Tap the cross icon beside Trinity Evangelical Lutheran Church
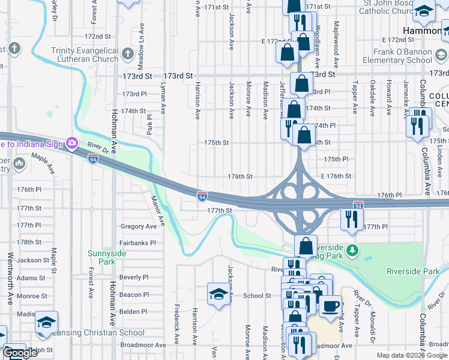127,55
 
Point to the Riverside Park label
413,271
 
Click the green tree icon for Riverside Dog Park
354,249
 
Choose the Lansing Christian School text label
98,332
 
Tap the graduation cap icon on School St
217,293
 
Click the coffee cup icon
330,306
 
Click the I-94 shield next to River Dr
92,158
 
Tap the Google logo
20,353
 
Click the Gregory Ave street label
138,226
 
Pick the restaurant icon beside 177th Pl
350,219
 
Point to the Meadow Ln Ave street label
142,40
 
